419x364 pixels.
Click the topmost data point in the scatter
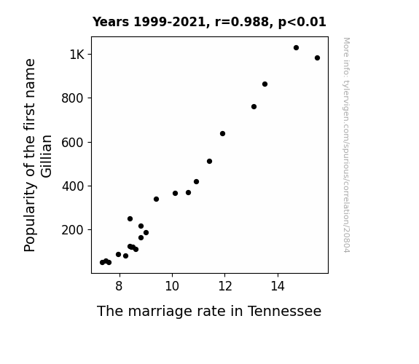coord(296,48)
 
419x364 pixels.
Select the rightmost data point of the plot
coord(317,58)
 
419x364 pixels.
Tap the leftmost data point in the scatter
coord(102,263)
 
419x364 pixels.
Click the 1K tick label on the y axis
coord(77,55)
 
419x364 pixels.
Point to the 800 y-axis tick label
coord(72,98)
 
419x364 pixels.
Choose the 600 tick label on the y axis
coord(72,143)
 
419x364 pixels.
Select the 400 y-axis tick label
coord(73,186)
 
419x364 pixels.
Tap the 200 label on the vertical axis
coord(72,230)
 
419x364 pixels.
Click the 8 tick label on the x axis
coord(120,286)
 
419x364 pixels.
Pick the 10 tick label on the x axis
coord(172,286)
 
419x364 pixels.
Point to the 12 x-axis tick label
coord(225,286)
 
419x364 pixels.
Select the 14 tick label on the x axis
coord(278,286)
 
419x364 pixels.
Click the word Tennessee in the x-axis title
coord(285,311)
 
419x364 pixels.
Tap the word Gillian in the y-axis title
coord(46,157)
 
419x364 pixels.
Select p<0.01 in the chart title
coord(302,22)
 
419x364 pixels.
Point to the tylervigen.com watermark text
coord(346,145)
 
